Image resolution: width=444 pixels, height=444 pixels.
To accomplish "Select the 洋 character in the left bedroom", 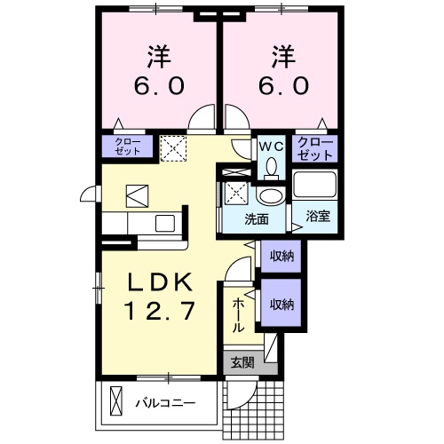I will [x=161, y=55].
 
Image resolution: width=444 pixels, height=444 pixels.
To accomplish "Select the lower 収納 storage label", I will [x=281, y=304].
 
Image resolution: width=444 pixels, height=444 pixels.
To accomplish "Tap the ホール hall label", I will [x=238, y=315].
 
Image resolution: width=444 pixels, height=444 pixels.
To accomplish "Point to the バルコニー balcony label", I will [x=164, y=401].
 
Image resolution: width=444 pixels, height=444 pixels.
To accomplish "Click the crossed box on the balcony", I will [x=115, y=400].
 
